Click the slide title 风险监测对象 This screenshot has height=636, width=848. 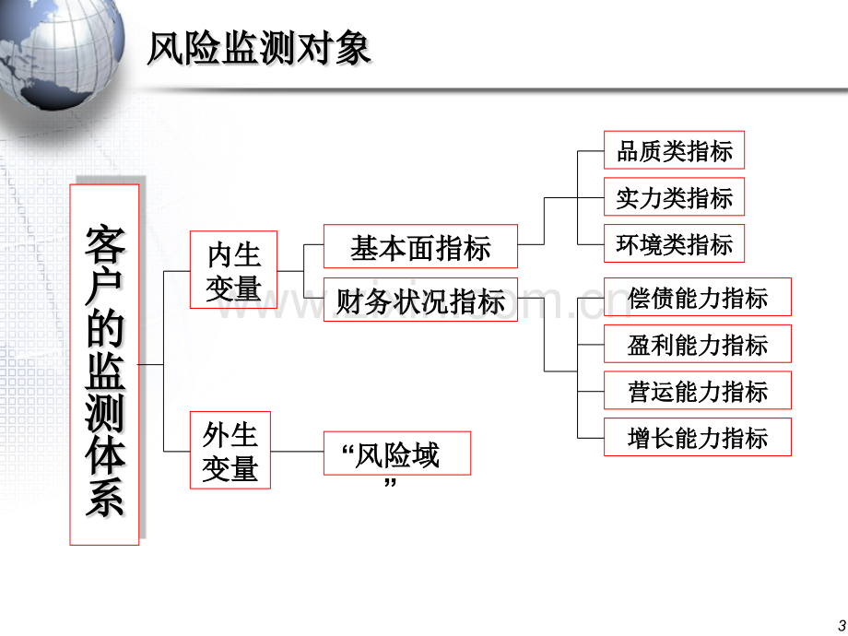[258, 49]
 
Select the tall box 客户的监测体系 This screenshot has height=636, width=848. [104, 364]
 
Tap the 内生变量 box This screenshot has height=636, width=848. [233, 270]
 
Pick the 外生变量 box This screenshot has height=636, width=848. [230, 450]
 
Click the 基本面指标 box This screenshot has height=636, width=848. [420, 246]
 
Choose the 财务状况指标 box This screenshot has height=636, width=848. [420, 300]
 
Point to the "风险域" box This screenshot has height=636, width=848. [397, 453]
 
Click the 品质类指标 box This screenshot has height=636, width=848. [674, 150]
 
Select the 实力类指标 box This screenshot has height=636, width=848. [674, 196]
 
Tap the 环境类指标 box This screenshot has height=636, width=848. [674, 243]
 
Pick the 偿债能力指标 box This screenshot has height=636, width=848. [698, 297]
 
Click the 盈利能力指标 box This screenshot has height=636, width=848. [698, 344]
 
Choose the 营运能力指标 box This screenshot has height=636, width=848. [698, 390]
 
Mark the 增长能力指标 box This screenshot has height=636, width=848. [698, 437]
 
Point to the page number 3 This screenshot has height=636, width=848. [842, 625]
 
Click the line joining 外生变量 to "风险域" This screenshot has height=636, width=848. [297, 451]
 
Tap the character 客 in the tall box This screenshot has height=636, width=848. [105, 245]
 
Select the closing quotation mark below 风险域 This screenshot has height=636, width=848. [390, 482]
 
